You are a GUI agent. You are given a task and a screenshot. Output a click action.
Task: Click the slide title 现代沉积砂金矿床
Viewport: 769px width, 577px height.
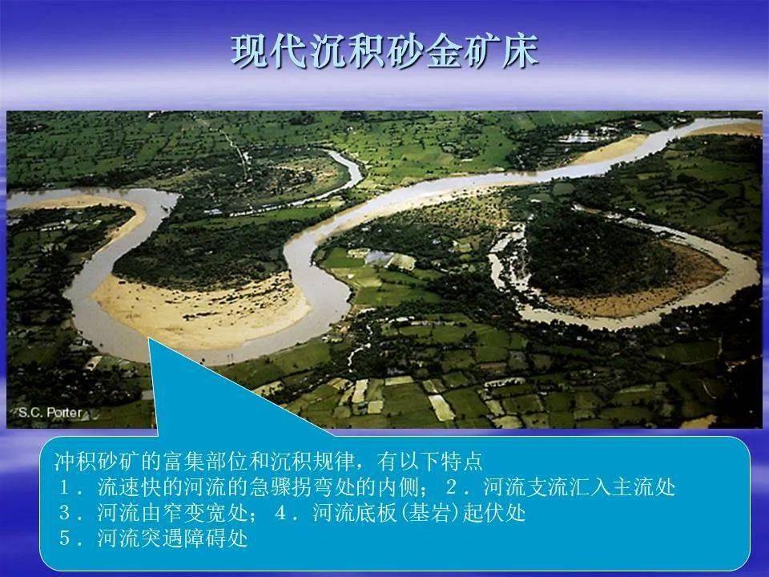384,51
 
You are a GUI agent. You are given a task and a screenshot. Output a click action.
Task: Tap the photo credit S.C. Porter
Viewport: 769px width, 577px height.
50,412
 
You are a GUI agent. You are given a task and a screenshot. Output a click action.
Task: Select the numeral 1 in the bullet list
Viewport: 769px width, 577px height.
64,487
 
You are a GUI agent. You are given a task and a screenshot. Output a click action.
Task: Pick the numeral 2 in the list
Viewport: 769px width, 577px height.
451,487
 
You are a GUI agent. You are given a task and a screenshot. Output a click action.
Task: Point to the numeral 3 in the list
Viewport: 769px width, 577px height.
64,513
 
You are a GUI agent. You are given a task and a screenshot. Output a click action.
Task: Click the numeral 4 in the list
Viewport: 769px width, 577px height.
280,513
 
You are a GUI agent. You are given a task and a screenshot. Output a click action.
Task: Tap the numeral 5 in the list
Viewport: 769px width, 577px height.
64,539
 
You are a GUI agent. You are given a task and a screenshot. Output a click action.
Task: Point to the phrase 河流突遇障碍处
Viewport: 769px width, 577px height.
173,539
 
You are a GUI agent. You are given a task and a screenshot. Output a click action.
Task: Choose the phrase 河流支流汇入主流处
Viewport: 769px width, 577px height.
579,487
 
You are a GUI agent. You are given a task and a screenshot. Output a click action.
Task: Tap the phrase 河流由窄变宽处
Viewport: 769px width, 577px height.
173,513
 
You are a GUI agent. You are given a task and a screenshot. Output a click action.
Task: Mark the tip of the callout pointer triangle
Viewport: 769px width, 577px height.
149,337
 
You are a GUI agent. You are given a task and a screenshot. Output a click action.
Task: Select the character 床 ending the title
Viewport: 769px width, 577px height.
521,51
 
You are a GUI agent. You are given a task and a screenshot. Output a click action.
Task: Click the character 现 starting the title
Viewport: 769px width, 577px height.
250,51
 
